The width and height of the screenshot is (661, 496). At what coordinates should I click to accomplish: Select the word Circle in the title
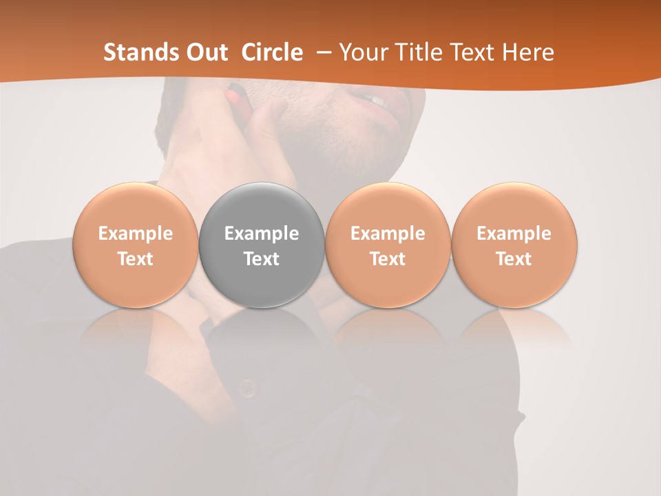272,52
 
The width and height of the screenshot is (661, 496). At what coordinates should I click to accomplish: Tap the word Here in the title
529,52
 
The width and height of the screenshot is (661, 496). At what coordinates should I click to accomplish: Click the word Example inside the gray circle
262,234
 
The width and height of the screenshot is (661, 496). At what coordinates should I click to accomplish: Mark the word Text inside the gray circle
262,259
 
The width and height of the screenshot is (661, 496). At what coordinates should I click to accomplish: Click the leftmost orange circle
135,245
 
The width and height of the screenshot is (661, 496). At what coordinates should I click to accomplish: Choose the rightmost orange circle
514,245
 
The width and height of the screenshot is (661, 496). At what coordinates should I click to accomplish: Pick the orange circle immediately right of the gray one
388,245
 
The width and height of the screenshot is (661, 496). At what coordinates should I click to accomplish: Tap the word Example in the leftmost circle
136,234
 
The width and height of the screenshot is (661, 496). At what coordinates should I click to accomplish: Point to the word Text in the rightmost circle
514,259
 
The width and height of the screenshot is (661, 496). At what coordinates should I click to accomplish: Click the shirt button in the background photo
248,389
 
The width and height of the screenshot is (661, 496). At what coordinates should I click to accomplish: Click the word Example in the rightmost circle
514,234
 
